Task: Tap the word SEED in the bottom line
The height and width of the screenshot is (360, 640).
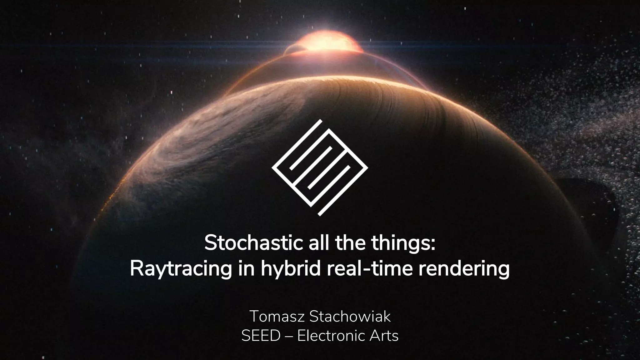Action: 261,336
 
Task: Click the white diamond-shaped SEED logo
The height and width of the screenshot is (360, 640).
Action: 320,167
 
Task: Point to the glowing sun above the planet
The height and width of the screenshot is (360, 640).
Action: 325,42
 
